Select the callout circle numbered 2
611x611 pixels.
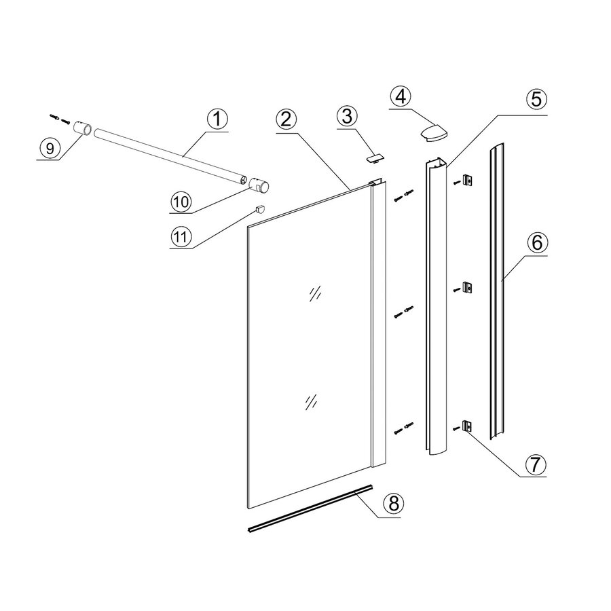point(286,119)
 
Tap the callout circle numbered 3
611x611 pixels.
point(346,117)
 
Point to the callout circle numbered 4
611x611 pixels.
point(401,97)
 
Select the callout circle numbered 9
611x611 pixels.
point(49,147)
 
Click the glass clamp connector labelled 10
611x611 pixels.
point(259,185)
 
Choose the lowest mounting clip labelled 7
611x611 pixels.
point(467,426)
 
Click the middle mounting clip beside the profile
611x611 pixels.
point(467,288)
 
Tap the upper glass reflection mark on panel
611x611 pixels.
point(314,293)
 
